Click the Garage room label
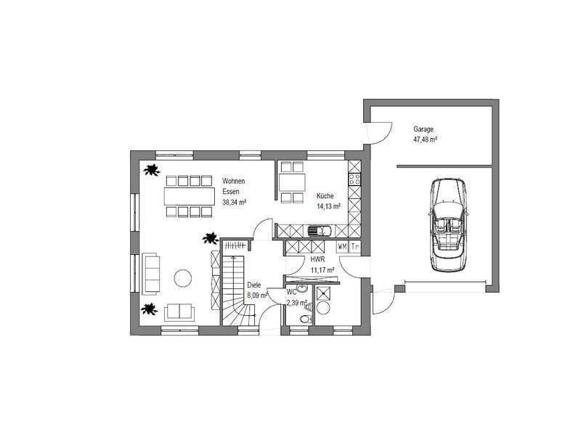(x=423, y=129)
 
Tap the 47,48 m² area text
(x=425, y=139)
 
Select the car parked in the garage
(x=448, y=224)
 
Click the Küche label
(x=325, y=196)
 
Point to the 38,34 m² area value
(x=235, y=203)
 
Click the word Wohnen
(x=233, y=181)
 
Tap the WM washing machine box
(x=342, y=246)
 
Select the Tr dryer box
(x=354, y=246)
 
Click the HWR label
(x=317, y=260)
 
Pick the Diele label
(x=253, y=285)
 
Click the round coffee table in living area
(x=183, y=277)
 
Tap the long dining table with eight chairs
(x=190, y=196)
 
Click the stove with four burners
(x=354, y=179)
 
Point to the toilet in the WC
(x=306, y=319)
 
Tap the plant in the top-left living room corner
(x=152, y=170)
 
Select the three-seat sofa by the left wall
(x=151, y=275)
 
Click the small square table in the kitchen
(x=292, y=182)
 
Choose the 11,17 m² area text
(x=322, y=269)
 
